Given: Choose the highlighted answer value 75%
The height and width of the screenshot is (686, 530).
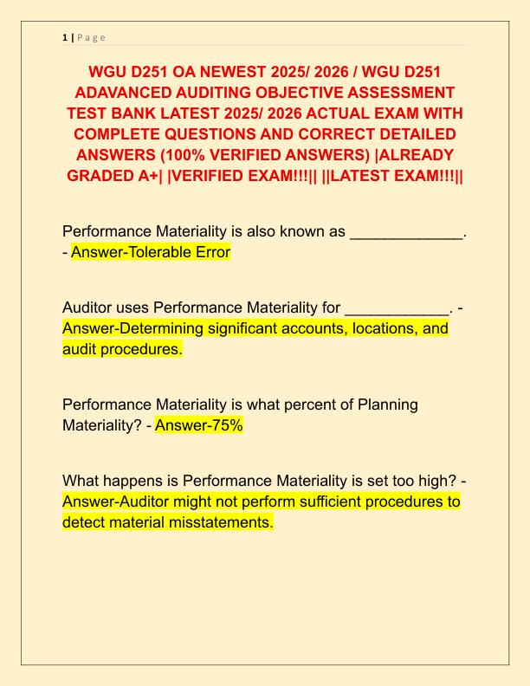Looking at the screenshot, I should pyautogui.click(x=223, y=425).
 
